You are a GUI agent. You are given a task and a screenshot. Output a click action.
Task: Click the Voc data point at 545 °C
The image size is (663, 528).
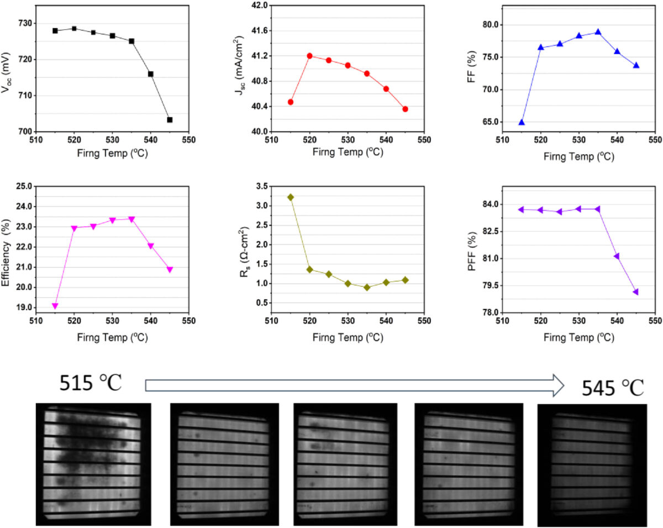tap(170, 120)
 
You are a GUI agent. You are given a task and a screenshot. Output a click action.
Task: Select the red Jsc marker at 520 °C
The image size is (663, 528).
tap(309, 56)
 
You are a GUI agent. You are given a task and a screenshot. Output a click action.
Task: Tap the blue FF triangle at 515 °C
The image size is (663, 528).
tap(522, 122)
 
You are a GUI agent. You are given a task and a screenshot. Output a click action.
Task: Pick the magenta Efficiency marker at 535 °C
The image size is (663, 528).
tap(131, 219)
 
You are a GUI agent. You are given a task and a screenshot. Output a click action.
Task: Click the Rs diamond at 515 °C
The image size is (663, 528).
tap(291, 197)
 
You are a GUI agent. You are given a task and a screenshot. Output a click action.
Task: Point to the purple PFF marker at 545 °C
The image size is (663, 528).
tap(636, 292)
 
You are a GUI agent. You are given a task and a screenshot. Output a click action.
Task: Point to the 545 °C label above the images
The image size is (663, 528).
tap(613, 389)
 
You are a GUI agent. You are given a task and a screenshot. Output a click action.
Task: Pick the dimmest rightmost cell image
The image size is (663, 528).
tap(592, 465)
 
